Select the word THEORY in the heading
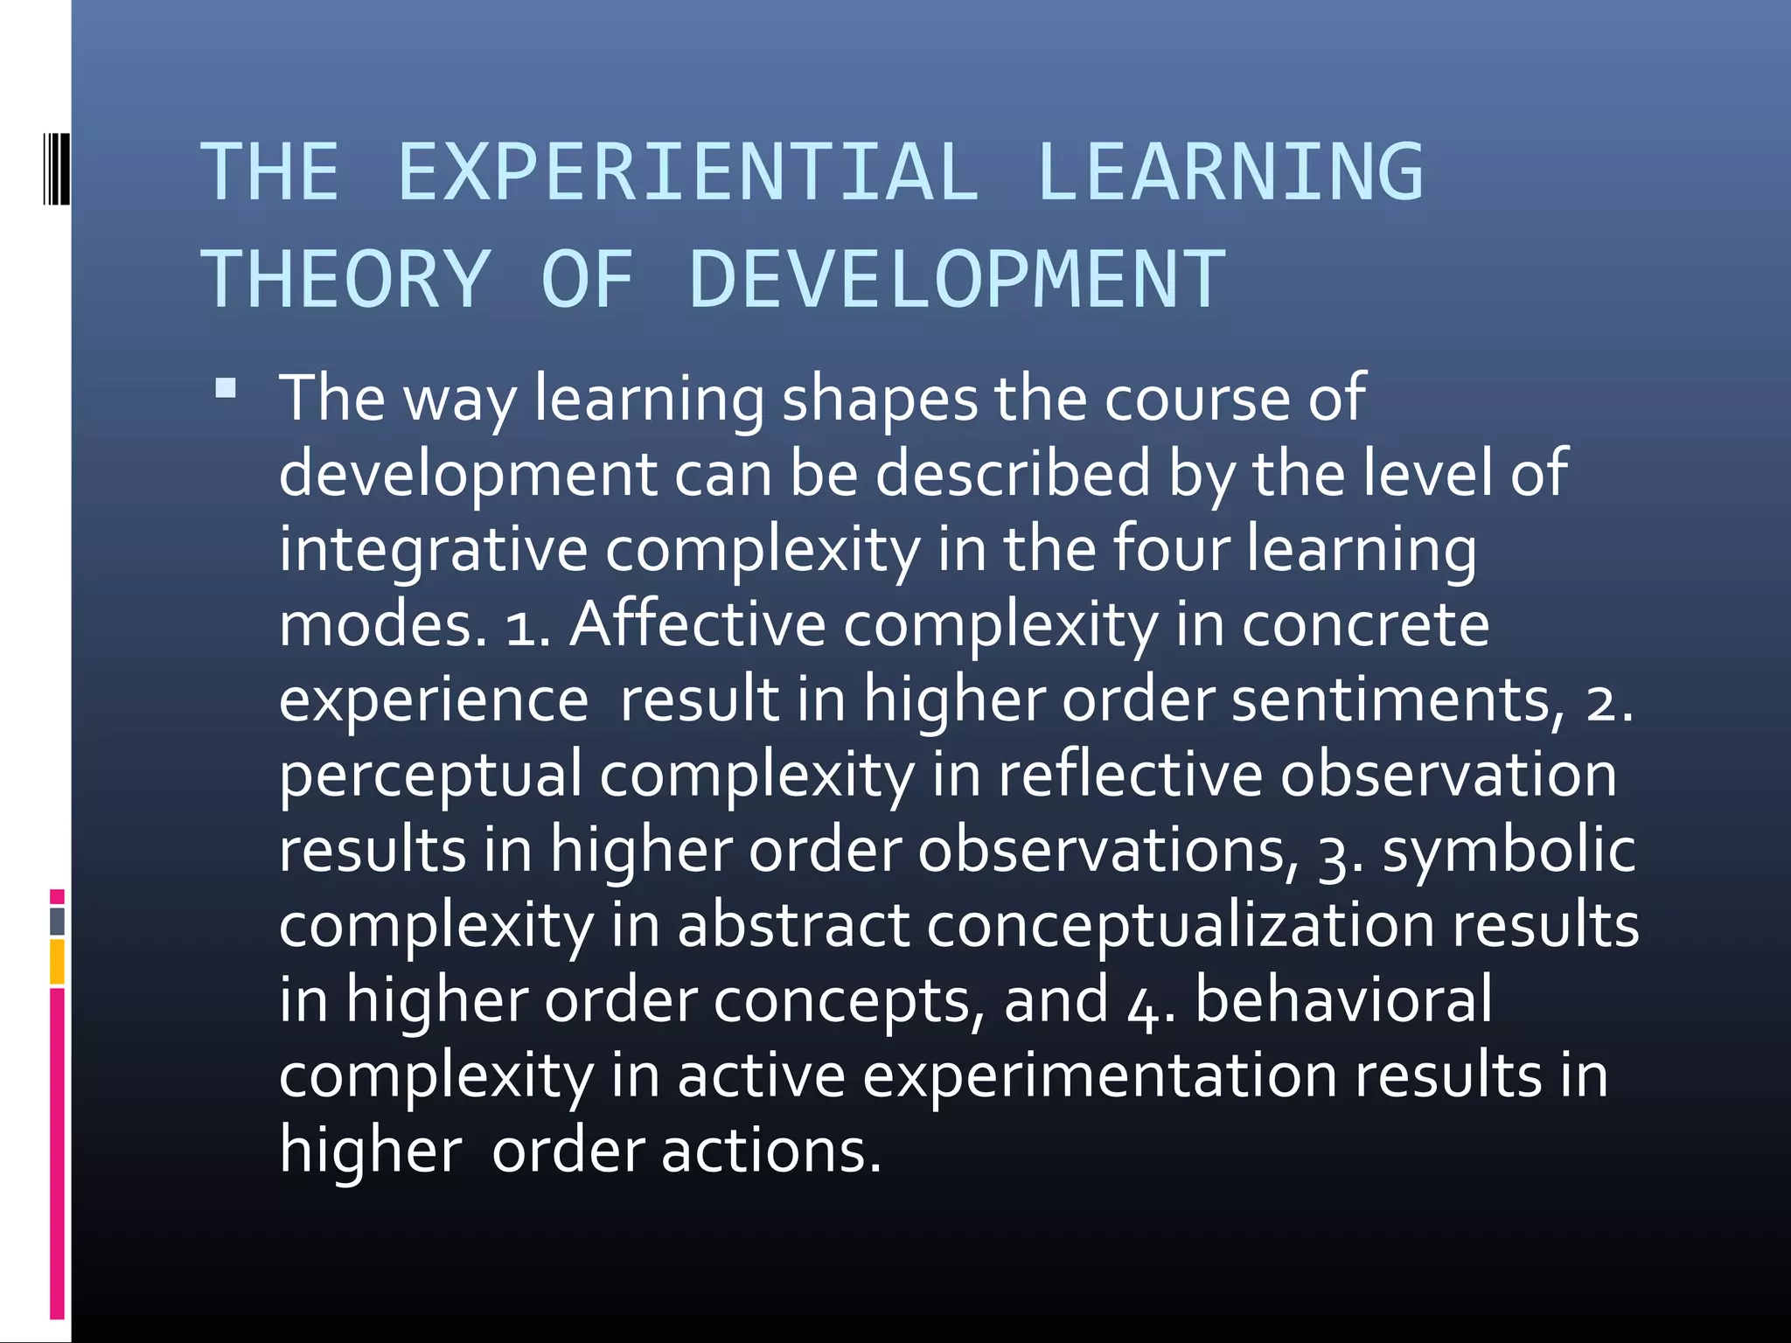[345, 280]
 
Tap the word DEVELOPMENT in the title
[957, 280]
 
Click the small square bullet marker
[226, 388]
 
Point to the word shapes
[879, 399]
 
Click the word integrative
[434, 549]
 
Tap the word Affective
[697, 624]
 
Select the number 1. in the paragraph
[527, 628]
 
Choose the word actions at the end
[770, 1151]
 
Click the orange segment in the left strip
[57, 961]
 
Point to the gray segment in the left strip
[57, 921]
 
